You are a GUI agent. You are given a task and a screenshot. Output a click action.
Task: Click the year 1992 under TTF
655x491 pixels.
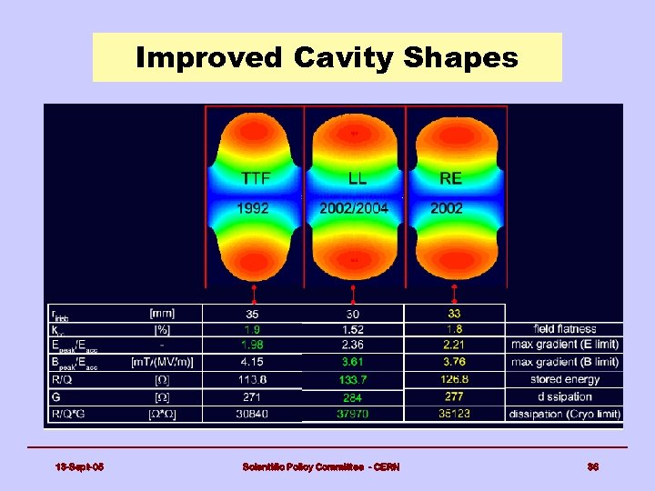click(x=254, y=208)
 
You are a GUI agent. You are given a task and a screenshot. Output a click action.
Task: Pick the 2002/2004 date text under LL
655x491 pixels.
click(x=354, y=208)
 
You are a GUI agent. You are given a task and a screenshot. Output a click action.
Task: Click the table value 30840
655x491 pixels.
click(x=253, y=414)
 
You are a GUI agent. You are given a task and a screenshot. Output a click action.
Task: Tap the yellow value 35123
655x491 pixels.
click(x=454, y=414)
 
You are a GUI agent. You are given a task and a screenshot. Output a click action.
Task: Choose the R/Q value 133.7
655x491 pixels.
click(x=352, y=380)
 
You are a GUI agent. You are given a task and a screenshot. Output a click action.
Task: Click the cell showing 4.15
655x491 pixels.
click(x=253, y=363)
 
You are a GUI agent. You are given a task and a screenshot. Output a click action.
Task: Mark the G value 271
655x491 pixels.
click(x=253, y=397)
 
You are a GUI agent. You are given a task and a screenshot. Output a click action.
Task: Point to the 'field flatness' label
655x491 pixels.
click(x=565, y=329)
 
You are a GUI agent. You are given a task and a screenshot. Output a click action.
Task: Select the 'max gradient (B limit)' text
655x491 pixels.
click(x=565, y=363)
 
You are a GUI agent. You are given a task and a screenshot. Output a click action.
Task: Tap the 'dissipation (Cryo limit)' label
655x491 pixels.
click(x=565, y=414)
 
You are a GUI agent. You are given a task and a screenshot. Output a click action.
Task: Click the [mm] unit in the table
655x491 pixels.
click(x=165, y=313)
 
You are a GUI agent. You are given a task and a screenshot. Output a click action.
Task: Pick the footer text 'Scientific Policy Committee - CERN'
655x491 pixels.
click(x=320, y=467)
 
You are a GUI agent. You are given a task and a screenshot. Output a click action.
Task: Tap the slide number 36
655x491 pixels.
click(x=592, y=467)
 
